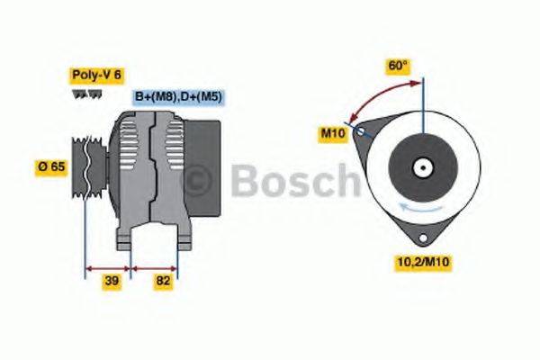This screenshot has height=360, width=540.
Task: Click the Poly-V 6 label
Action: tap(94, 76)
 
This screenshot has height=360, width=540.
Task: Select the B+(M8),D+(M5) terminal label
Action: tap(179, 96)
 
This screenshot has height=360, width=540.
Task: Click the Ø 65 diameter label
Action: tap(51, 166)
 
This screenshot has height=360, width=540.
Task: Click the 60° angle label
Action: tap(398, 66)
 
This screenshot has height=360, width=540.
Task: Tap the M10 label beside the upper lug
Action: tap(333, 133)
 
